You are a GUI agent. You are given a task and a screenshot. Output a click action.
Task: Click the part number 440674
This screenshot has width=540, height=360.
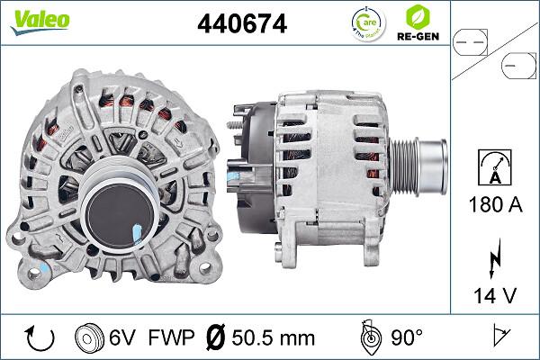241,25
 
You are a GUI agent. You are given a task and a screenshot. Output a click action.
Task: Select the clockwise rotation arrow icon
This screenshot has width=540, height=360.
40,337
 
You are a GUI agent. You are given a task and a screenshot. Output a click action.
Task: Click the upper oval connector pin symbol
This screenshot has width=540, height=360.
473,40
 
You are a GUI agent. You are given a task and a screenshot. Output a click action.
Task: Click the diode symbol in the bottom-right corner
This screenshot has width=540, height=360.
499,337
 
